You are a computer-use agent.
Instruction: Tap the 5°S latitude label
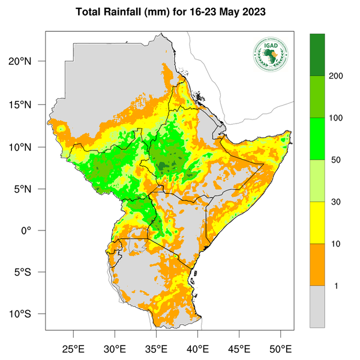(29, 272)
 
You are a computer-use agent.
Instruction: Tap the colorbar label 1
(335, 286)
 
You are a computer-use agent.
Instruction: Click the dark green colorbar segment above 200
(317, 55)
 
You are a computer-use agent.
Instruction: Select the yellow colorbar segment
(317, 223)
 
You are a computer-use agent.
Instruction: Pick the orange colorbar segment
(317, 265)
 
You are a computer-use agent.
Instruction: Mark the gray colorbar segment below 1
(317, 306)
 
